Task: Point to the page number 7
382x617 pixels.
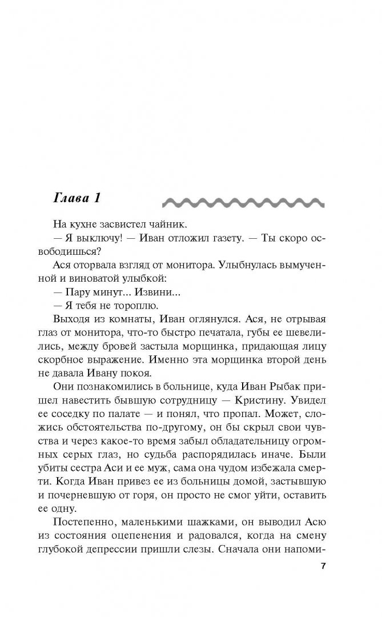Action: click(323, 566)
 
